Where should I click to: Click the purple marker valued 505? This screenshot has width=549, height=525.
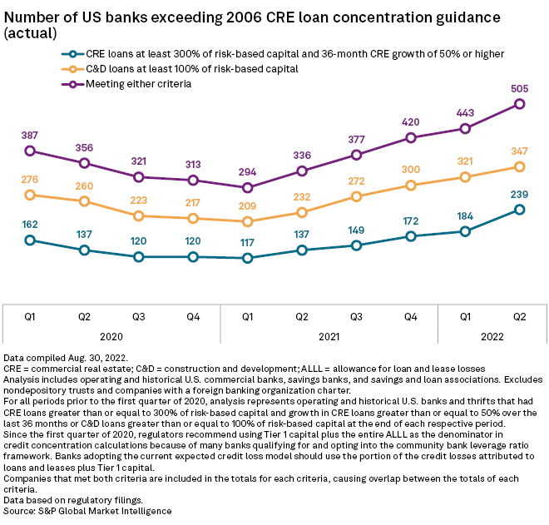(x=520, y=104)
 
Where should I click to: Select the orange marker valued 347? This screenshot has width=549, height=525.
(x=520, y=167)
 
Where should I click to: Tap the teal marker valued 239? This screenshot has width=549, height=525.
(x=520, y=210)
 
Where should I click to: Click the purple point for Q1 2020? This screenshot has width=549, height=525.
(x=30, y=151)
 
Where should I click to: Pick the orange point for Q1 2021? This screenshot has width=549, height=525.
(x=247, y=221)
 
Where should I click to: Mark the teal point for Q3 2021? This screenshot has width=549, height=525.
(x=356, y=245)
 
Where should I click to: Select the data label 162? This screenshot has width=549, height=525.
(x=30, y=224)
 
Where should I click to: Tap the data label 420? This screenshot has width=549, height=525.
(x=411, y=121)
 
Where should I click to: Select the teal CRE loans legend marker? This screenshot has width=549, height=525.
(x=76, y=53)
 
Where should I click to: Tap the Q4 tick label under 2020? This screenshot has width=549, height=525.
(x=193, y=316)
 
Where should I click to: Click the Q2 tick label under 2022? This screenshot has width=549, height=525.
(x=520, y=316)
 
